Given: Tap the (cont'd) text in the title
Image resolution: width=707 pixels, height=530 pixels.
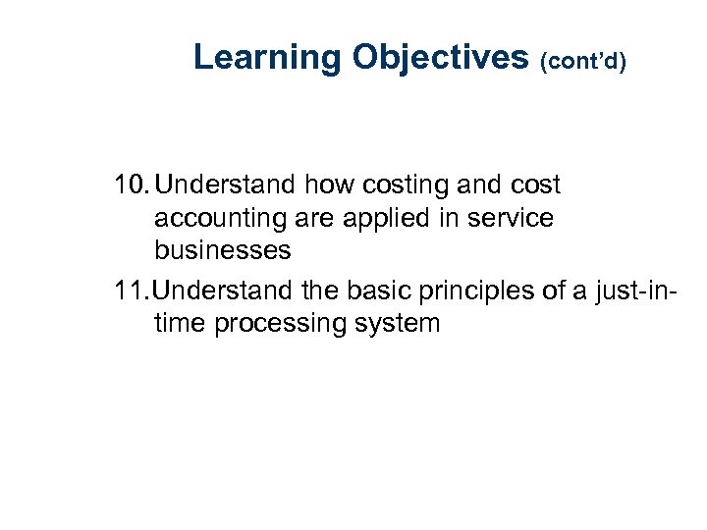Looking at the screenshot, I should coord(583,61).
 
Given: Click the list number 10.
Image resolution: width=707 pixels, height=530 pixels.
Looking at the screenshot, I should coord(131,185).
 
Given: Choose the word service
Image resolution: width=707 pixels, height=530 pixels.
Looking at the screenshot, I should coord(506,218).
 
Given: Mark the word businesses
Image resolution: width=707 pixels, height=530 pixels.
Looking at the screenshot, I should coord(222,250).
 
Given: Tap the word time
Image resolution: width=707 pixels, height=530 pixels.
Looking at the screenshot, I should coord(180,322).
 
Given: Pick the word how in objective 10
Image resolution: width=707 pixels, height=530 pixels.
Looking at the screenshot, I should coord(318,185).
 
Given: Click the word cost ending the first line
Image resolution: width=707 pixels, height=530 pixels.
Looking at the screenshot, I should coord(530,185).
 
